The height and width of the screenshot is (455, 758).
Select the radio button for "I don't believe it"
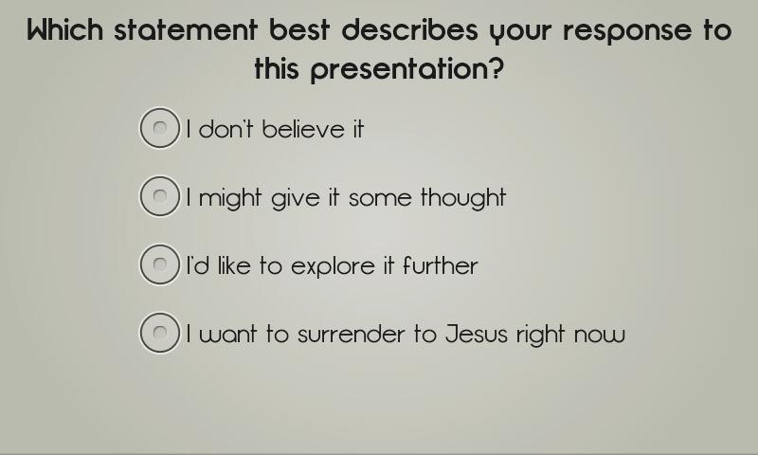pos(159,128)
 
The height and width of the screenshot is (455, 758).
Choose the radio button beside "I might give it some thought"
pos(159,196)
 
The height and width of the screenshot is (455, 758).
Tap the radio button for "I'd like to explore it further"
pos(159,264)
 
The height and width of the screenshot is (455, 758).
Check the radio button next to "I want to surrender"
pos(159,333)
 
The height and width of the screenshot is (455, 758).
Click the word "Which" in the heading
pos(64,29)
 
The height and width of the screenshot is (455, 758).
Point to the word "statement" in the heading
pos(186,29)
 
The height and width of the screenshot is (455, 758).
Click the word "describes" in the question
pos(410,29)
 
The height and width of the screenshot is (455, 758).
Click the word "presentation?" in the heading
pos(406,69)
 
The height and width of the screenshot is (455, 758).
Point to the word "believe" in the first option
pos(303,130)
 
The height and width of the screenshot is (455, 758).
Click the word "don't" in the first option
pos(226,130)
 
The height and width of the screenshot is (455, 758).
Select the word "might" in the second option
pos(230,199)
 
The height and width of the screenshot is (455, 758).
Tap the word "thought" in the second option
pos(463,199)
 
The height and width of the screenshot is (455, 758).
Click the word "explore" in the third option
pos(334,267)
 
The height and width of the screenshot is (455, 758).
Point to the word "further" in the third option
pos(440,266)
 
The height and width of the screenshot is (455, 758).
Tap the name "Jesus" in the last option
pos(477,334)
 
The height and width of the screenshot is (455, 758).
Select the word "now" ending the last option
pos(600,337)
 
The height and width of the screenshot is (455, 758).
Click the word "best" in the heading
pos(299,29)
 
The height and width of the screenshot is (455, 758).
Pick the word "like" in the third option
pos(234,266)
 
